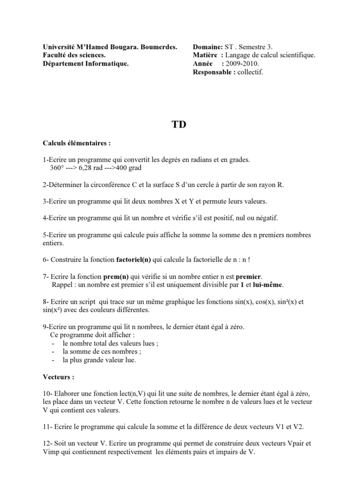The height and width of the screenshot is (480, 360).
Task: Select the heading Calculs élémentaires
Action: click(x=77, y=143)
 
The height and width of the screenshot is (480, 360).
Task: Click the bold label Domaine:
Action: click(x=208, y=47)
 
